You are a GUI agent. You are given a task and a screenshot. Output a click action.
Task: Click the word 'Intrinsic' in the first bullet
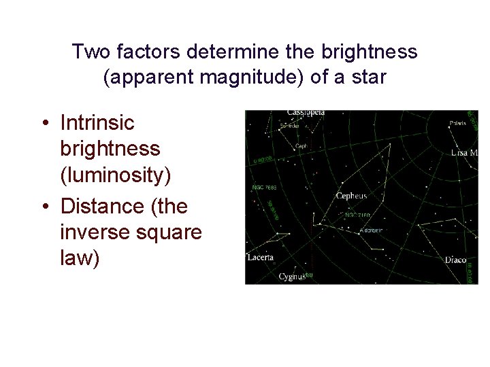pos(97,123)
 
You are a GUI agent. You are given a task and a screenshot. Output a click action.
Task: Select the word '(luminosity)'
pos(116,175)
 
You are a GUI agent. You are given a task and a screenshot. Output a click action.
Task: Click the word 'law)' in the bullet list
pos(80,258)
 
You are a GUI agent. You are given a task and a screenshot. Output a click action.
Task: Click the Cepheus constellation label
pos(351,196)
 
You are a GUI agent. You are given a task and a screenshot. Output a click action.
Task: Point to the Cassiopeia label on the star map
pos(306,112)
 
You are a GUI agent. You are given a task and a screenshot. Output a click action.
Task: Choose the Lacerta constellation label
pos(261,258)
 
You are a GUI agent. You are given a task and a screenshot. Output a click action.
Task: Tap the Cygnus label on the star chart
pos(292,277)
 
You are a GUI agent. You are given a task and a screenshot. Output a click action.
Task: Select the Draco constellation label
pos(455,260)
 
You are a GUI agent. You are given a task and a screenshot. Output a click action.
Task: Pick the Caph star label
pos(300,146)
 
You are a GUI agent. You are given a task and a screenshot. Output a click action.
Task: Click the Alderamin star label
pos(372,230)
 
